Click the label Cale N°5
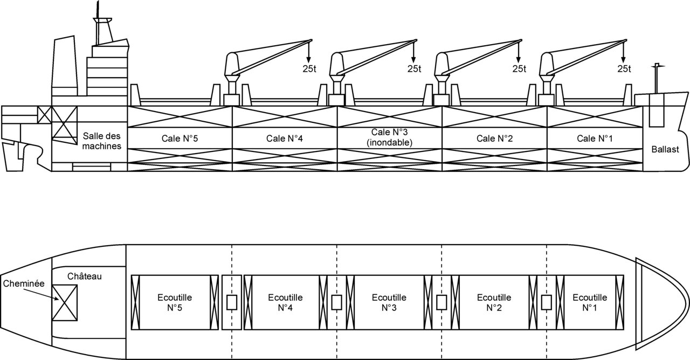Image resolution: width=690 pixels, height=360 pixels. point(180,138)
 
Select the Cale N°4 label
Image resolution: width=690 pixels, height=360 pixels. point(285,138)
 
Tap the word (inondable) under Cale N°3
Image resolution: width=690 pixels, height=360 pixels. point(389,143)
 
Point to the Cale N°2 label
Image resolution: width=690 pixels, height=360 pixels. point(495,138)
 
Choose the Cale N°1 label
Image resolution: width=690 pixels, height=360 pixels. point(595,138)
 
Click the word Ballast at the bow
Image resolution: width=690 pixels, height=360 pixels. point(665,149)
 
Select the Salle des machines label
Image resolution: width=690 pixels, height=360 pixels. point(102,140)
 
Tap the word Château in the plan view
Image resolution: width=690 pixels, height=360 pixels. point(85,276)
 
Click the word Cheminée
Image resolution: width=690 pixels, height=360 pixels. point(23,282)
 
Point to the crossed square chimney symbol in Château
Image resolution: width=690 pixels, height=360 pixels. point(65,302)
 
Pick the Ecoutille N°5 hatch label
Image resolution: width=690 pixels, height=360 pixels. point(175,302)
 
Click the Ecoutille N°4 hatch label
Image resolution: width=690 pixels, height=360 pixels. point(285,302)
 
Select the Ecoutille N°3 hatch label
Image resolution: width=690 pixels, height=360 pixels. point(390,302)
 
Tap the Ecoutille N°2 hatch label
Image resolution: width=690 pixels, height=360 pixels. point(495,302)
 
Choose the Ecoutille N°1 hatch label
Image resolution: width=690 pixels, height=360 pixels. point(590,302)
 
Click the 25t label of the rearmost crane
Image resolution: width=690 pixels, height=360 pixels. point(310,68)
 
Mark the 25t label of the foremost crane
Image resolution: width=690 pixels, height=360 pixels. point(624,68)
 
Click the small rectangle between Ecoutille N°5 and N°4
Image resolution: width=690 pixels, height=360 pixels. point(232,302)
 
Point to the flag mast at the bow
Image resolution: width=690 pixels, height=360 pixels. point(656,78)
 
